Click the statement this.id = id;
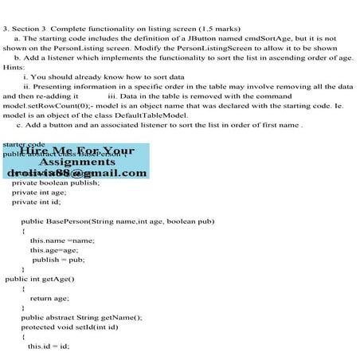point(49,346)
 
